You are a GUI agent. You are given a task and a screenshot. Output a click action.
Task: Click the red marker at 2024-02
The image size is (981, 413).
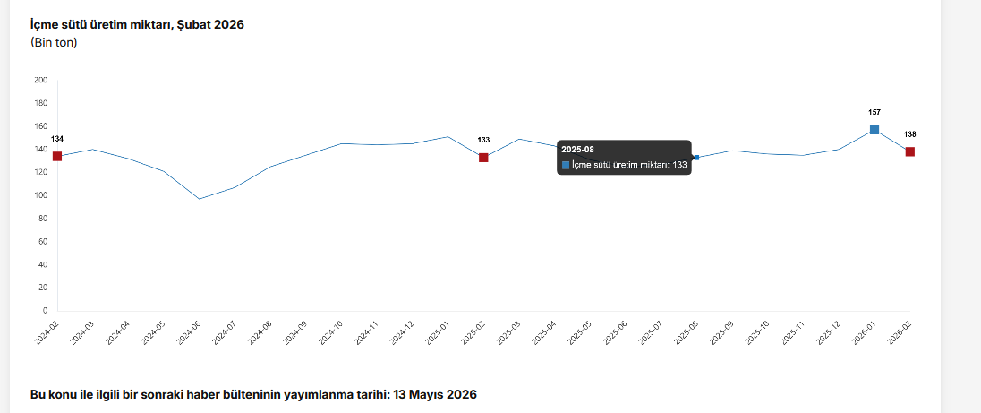pyautogui.click(x=57, y=156)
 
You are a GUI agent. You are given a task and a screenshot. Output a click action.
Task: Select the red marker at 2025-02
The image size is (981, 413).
pyautogui.click(x=483, y=158)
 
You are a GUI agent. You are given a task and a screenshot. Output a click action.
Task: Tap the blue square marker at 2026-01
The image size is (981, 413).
pyautogui.click(x=874, y=130)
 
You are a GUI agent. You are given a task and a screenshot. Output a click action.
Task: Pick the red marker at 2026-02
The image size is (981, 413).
pyautogui.click(x=909, y=151)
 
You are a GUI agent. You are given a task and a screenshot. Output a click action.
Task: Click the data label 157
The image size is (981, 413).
pyautogui.click(x=874, y=112)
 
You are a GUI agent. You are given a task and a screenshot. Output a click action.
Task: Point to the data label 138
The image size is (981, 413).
pyautogui.click(x=909, y=134)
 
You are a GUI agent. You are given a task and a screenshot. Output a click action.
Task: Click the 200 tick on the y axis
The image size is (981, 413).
pyautogui.click(x=41, y=80)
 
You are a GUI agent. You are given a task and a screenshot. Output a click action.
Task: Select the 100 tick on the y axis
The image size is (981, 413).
pyautogui.click(x=41, y=195)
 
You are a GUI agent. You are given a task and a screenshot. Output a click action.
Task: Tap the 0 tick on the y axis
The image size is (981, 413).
pyautogui.click(x=45, y=311)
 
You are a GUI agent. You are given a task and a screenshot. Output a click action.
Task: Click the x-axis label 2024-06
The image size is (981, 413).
pyautogui.click(x=189, y=331)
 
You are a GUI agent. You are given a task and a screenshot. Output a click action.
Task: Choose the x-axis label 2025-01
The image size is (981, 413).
pyautogui.click(x=437, y=331)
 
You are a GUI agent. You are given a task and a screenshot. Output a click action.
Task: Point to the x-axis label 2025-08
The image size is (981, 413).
pyautogui.click(x=686, y=331)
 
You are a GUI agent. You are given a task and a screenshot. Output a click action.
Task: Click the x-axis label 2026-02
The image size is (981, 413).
pyautogui.click(x=899, y=331)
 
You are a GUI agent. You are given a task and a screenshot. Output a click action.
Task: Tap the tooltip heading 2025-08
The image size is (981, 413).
pyautogui.click(x=578, y=149)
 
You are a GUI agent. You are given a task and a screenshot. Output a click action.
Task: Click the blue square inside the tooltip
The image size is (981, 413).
pyautogui.click(x=566, y=165)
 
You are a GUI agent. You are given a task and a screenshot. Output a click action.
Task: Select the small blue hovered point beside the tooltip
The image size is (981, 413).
pyautogui.click(x=696, y=158)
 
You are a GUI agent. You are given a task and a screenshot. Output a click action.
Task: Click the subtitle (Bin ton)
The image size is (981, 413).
pyautogui.click(x=54, y=42)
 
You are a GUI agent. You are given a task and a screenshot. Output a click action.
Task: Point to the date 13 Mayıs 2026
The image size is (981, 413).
pyautogui.click(x=436, y=394)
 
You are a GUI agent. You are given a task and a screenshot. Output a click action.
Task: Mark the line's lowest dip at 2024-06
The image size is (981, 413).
pyautogui.click(x=200, y=199)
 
